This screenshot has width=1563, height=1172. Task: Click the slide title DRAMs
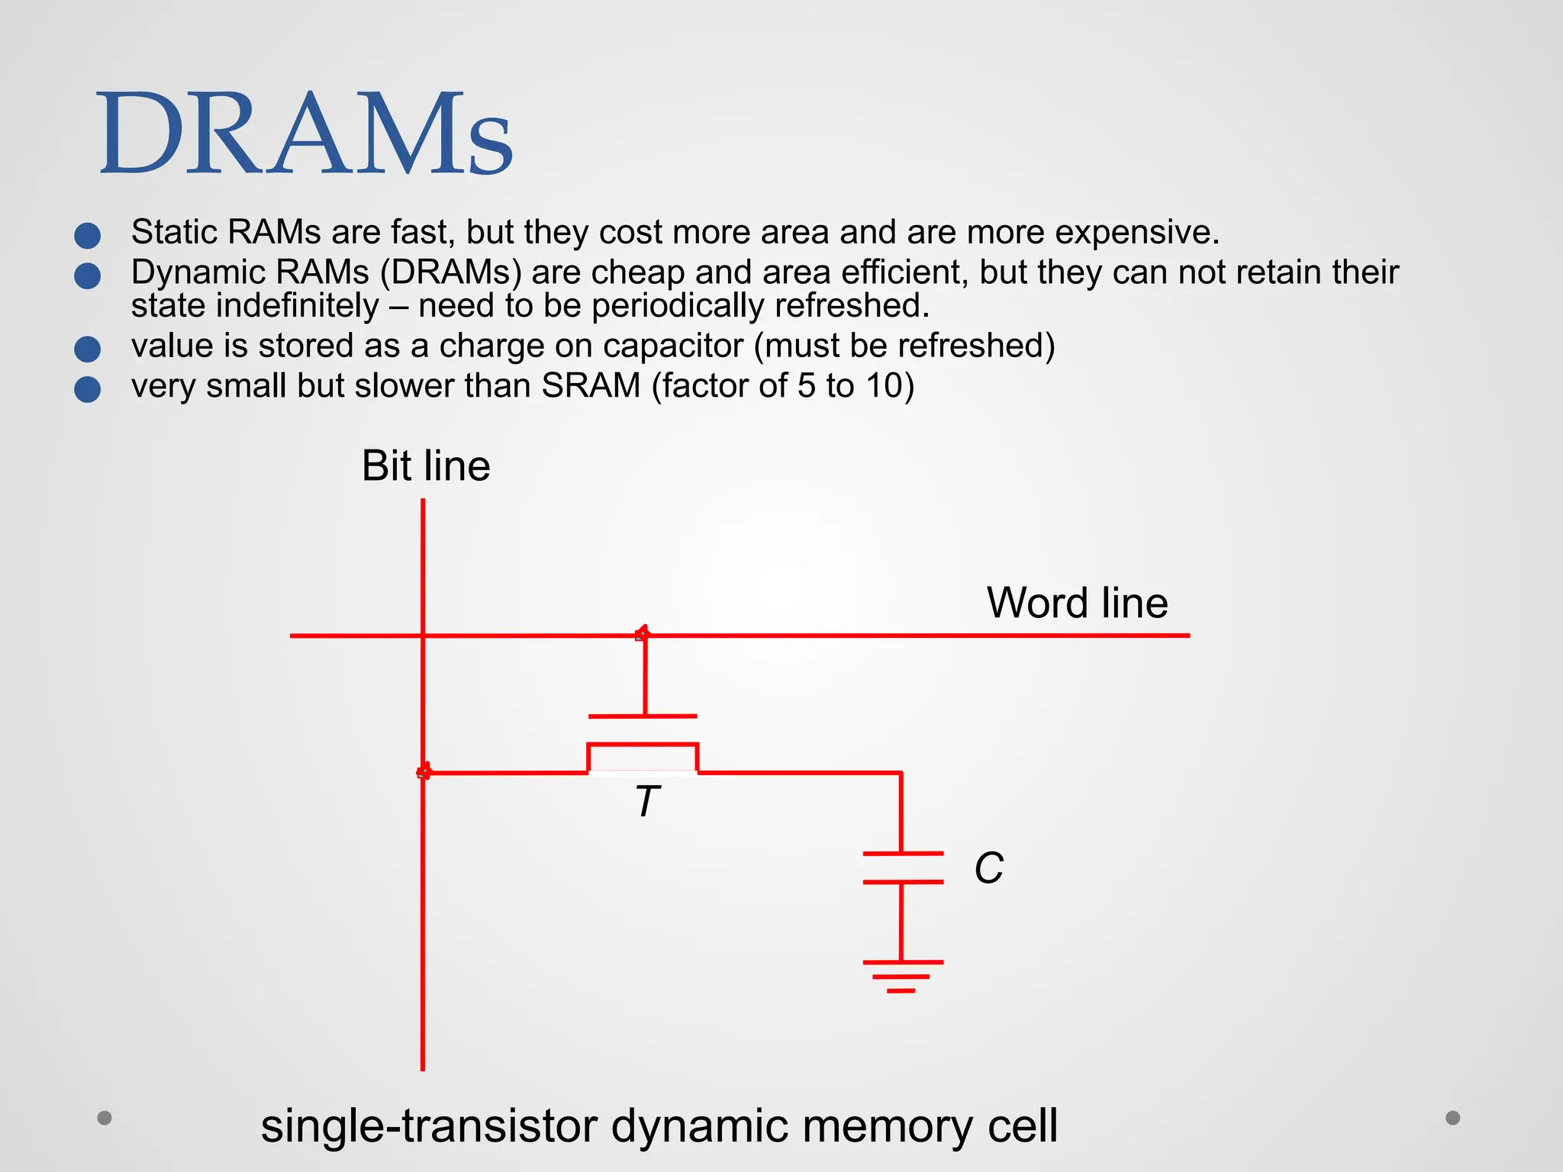[305, 134]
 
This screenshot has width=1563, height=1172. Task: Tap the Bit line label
[425, 465]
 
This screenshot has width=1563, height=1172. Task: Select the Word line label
[1077, 603]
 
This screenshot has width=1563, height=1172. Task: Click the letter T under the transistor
[646, 802]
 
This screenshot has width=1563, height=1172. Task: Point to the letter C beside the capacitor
[988, 868]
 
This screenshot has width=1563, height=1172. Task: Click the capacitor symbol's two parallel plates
[902, 868]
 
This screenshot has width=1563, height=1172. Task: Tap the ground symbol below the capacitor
[902, 975]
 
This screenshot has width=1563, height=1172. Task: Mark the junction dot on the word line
[643, 633]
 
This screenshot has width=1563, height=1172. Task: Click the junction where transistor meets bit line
[424, 772]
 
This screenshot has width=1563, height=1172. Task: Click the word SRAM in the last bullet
[591, 385]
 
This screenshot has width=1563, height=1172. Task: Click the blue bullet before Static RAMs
[88, 235]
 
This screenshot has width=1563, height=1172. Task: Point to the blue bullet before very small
[88, 389]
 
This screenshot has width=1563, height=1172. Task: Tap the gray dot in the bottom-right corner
[1453, 1118]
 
